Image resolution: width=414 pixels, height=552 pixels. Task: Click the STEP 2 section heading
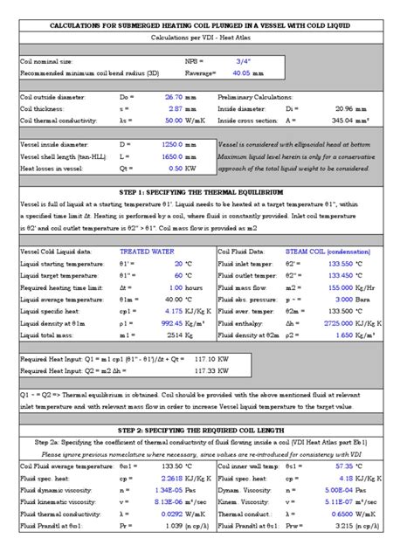[x=206, y=431]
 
